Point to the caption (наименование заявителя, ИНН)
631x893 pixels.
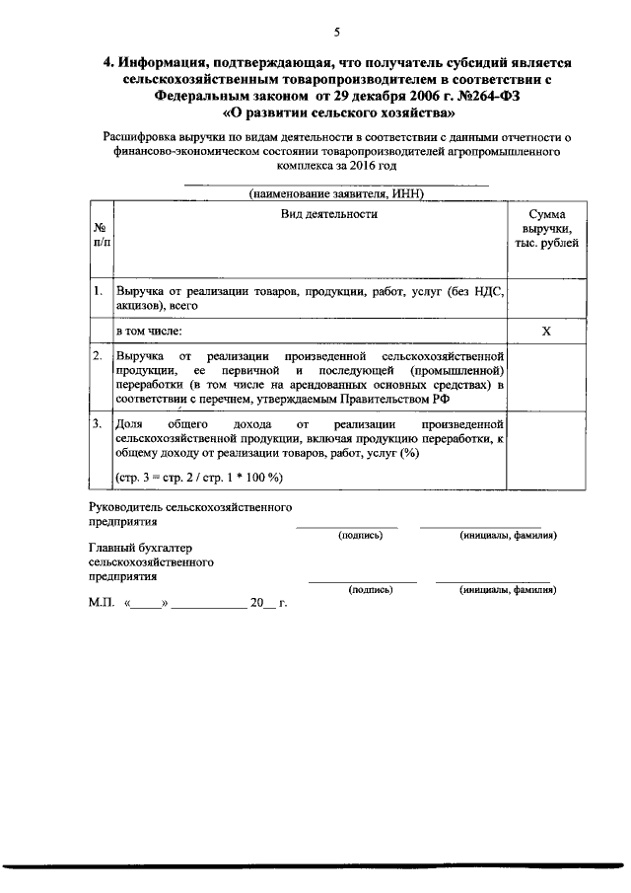pos(336,193)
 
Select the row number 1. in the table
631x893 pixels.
pos(99,291)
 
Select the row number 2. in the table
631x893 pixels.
pos(99,353)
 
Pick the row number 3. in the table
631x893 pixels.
pos(99,422)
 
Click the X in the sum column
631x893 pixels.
pos(545,332)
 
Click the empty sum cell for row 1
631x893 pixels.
pos(545,298)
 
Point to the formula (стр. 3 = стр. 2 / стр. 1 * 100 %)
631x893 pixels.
pos(199,478)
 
